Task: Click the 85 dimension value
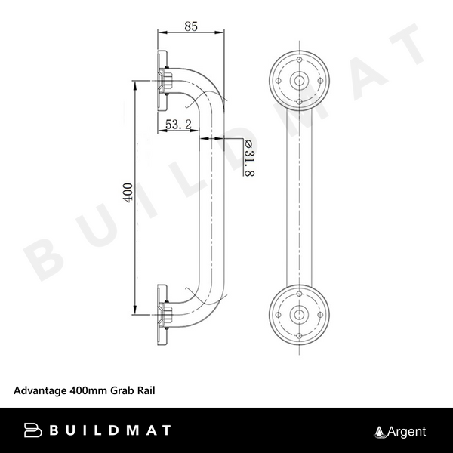190,26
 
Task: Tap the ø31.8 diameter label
248,159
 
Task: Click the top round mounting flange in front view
300,79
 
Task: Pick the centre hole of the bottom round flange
300,312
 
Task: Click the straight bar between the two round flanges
300,196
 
